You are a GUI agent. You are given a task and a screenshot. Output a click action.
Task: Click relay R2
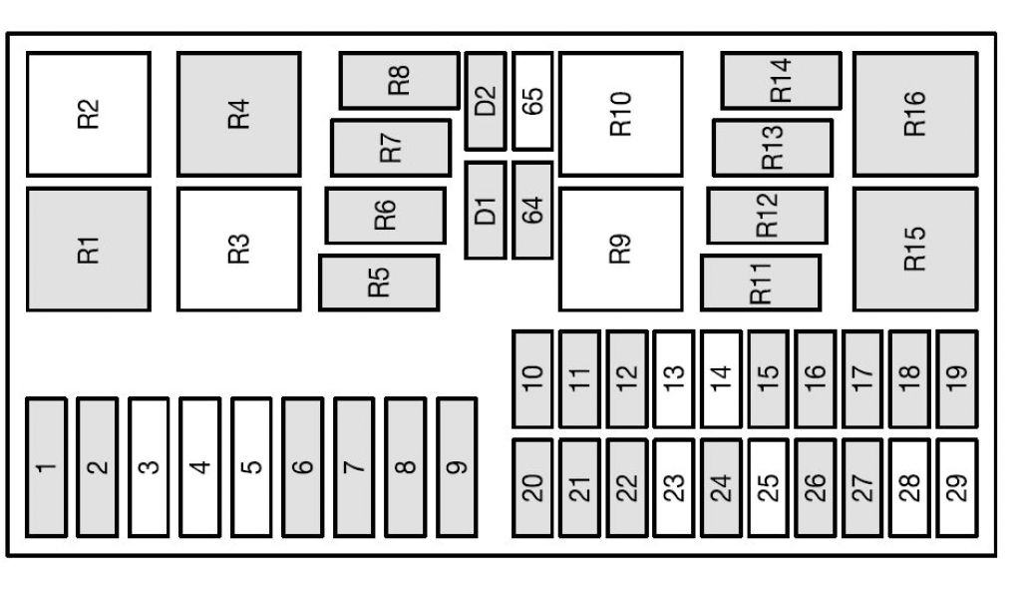[x=89, y=115]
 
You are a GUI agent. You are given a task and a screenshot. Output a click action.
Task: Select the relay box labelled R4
[x=239, y=115]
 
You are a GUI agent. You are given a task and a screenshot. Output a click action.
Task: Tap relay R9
[x=621, y=250]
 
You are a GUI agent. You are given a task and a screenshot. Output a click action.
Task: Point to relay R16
[x=915, y=115]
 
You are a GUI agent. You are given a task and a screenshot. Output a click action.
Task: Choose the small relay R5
[x=379, y=283]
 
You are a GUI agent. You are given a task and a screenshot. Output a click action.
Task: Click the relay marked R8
[x=399, y=81]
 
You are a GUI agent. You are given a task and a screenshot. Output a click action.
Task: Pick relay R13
[x=773, y=148]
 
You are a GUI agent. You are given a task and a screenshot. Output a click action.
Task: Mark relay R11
[x=761, y=283]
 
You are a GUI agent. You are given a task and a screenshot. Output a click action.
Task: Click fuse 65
[x=533, y=101]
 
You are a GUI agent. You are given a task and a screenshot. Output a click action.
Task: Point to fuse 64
[x=533, y=211]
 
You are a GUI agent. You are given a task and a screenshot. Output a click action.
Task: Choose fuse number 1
[x=46, y=466]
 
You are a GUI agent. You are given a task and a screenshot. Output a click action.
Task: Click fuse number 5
[x=251, y=466]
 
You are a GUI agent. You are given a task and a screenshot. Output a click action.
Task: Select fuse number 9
[x=457, y=466]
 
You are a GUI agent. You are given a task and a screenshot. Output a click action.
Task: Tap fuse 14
[x=721, y=377]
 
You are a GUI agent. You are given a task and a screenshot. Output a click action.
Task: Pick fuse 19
[x=957, y=377]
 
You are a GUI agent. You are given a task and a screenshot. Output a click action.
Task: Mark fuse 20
[x=532, y=486]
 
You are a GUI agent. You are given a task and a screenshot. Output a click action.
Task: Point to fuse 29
[x=957, y=486]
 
